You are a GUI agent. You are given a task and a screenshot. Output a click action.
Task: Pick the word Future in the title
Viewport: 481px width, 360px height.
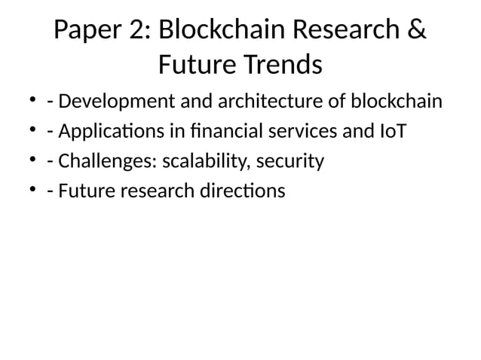(193, 66)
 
